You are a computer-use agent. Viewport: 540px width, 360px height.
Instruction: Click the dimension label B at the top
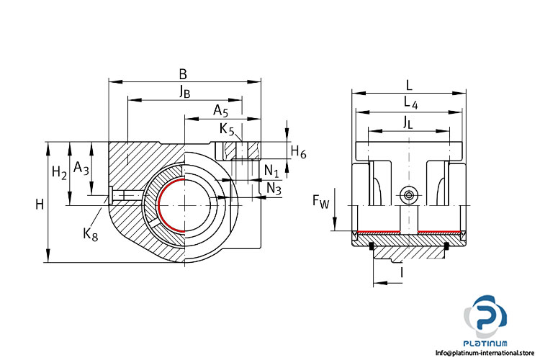[183, 73]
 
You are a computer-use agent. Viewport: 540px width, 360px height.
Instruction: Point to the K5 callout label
[227, 130]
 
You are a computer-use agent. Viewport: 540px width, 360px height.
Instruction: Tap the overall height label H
[40, 204]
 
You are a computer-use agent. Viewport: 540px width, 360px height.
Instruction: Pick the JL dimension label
[408, 122]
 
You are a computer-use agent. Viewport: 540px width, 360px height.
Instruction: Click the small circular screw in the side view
[410, 195]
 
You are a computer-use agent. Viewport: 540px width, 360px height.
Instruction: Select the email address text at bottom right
[487, 353]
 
